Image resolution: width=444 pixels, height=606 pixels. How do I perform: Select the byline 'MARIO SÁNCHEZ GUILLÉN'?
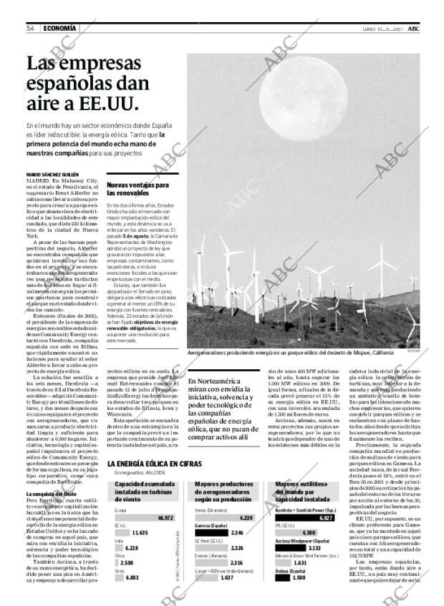(x=53, y=175)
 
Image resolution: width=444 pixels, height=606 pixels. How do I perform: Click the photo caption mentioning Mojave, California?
(x=290, y=353)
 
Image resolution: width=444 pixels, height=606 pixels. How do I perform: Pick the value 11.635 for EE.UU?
(x=140, y=533)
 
